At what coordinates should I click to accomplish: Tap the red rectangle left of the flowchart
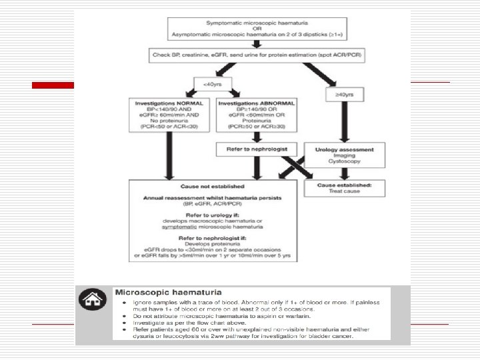(53, 85)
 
